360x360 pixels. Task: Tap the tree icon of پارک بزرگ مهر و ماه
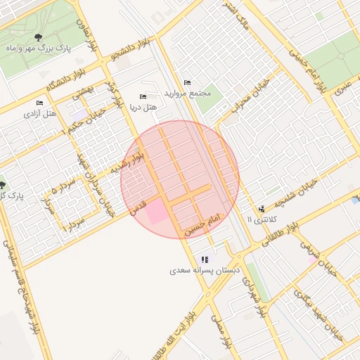click(37, 38)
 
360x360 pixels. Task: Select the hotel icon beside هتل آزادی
click(39, 103)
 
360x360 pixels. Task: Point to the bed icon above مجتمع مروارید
click(186, 83)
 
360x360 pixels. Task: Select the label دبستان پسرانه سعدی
click(205, 270)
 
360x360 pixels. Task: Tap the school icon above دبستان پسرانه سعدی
click(205, 259)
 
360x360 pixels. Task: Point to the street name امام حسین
click(204, 224)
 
